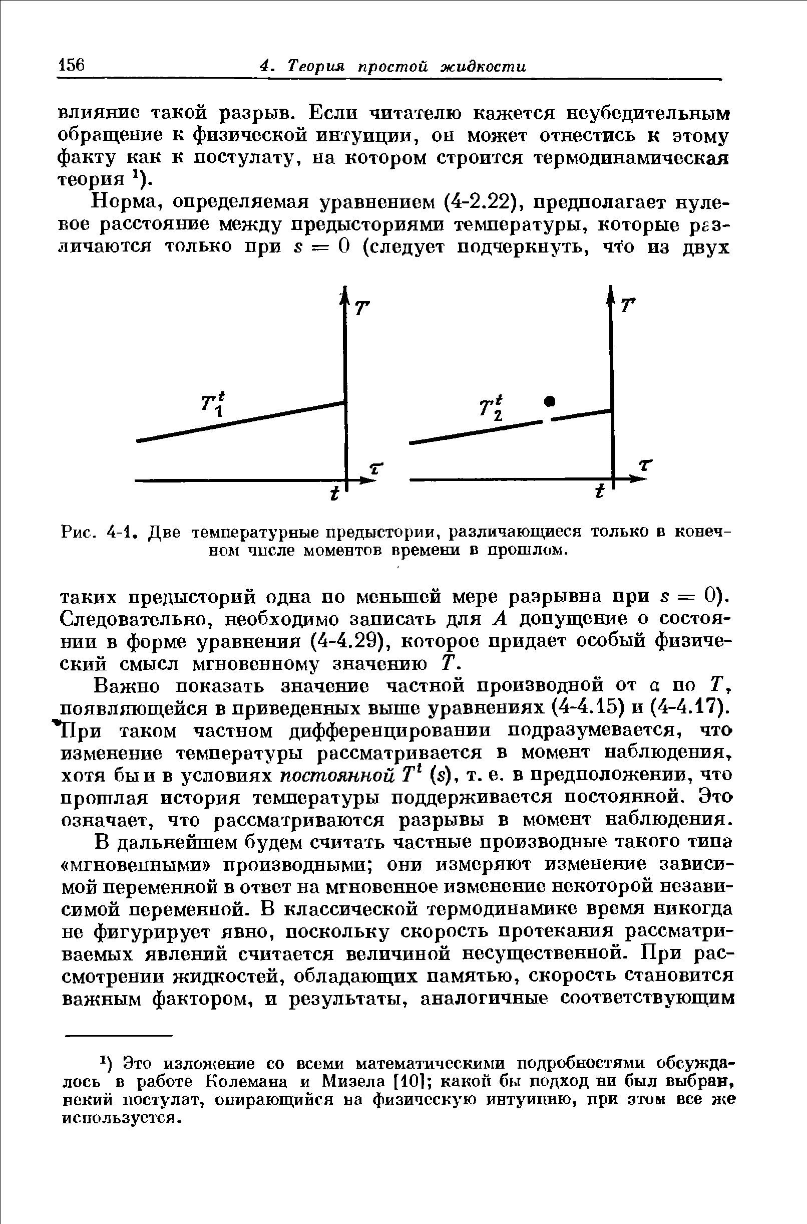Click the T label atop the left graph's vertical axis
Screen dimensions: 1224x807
tap(363, 309)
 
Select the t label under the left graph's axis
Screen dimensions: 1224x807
tap(335, 494)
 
